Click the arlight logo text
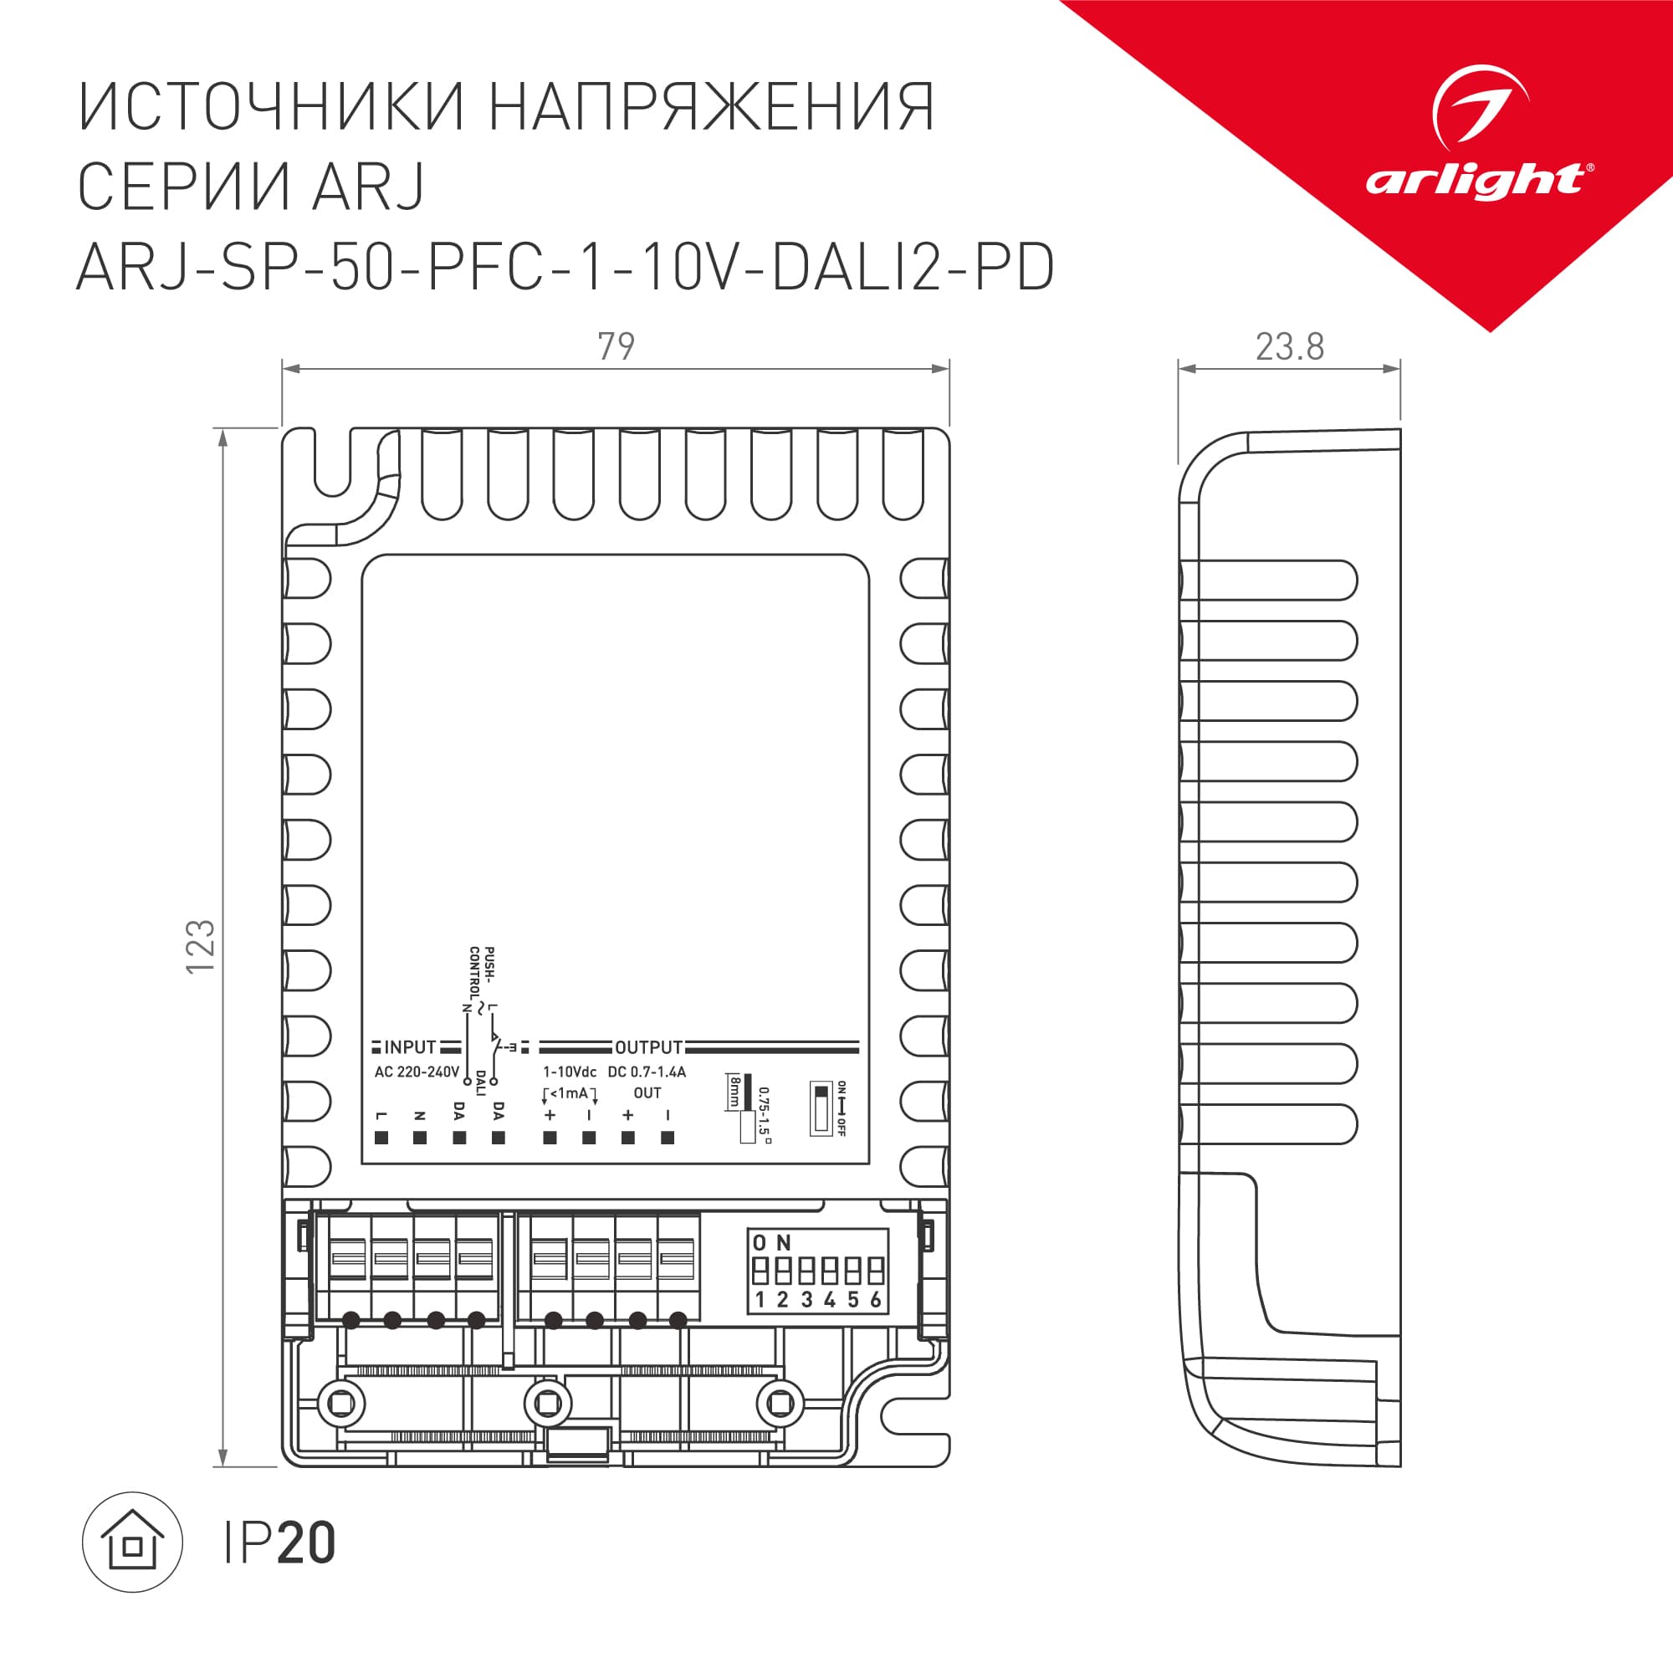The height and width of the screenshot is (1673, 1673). point(1476,181)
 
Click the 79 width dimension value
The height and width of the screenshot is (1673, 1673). point(616,346)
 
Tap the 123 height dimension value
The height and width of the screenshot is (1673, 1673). point(200,945)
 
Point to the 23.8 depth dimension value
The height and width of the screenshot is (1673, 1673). point(1289,347)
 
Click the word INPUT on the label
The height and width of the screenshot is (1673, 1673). point(410,1047)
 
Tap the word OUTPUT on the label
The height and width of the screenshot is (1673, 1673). point(648,1047)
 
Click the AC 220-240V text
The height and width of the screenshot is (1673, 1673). point(417,1072)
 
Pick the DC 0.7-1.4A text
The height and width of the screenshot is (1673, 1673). point(647,1072)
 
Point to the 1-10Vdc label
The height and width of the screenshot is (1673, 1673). point(569,1072)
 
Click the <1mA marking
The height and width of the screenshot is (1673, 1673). point(569,1092)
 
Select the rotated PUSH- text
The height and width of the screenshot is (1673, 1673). point(490,964)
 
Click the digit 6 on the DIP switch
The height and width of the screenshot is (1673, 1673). point(876,1300)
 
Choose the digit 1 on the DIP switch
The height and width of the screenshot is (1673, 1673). point(760,1300)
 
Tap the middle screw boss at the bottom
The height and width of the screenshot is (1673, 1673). point(548,1404)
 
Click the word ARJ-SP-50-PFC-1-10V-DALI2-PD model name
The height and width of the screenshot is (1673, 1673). point(565,267)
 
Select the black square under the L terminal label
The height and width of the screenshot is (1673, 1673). point(381,1138)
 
